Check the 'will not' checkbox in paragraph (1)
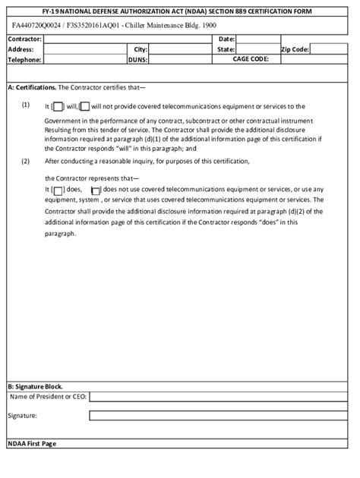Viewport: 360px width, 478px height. point(84,106)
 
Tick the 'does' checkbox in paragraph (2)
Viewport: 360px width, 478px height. point(58,190)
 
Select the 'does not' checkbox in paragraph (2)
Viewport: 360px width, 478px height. point(95,190)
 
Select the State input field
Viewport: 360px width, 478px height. point(257,49)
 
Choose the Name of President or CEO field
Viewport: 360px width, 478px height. point(221,396)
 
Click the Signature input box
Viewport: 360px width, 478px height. point(221,415)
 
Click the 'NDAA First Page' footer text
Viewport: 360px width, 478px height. point(31,443)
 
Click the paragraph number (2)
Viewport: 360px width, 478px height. point(25,161)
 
